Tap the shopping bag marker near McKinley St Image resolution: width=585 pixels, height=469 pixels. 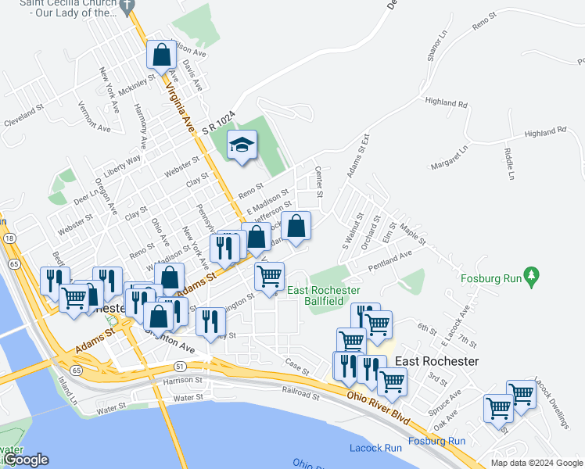click(161, 55)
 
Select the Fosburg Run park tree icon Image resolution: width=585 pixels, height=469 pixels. click(532, 275)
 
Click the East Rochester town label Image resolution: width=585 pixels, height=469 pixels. click(436, 361)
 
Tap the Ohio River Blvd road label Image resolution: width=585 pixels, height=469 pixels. click(379, 407)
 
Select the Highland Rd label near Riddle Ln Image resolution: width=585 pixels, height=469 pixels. click(545, 134)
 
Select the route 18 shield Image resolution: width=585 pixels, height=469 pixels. click(9, 238)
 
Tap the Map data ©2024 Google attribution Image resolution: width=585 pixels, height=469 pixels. click(536, 463)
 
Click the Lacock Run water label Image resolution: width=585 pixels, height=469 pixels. click(375, 448)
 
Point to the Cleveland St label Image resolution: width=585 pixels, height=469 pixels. click(24, 117)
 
